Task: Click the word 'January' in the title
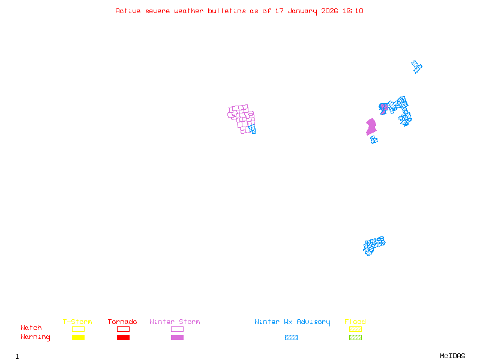302,11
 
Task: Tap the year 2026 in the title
329,11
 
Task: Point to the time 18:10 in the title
353,11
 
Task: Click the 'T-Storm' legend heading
77,322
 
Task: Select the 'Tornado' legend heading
122,322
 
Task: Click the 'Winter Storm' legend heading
175,322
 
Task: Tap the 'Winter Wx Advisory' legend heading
292,322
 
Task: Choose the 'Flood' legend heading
355,322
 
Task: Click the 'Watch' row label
31,328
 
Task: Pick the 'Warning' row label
35,337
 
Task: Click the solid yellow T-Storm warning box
79,337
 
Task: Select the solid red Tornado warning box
124,337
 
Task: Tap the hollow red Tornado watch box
124,329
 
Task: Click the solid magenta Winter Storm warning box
177,337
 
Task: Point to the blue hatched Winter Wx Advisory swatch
291,337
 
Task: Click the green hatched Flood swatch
355,337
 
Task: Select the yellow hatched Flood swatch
355,329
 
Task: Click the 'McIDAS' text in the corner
452,356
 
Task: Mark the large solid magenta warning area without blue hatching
371,127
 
